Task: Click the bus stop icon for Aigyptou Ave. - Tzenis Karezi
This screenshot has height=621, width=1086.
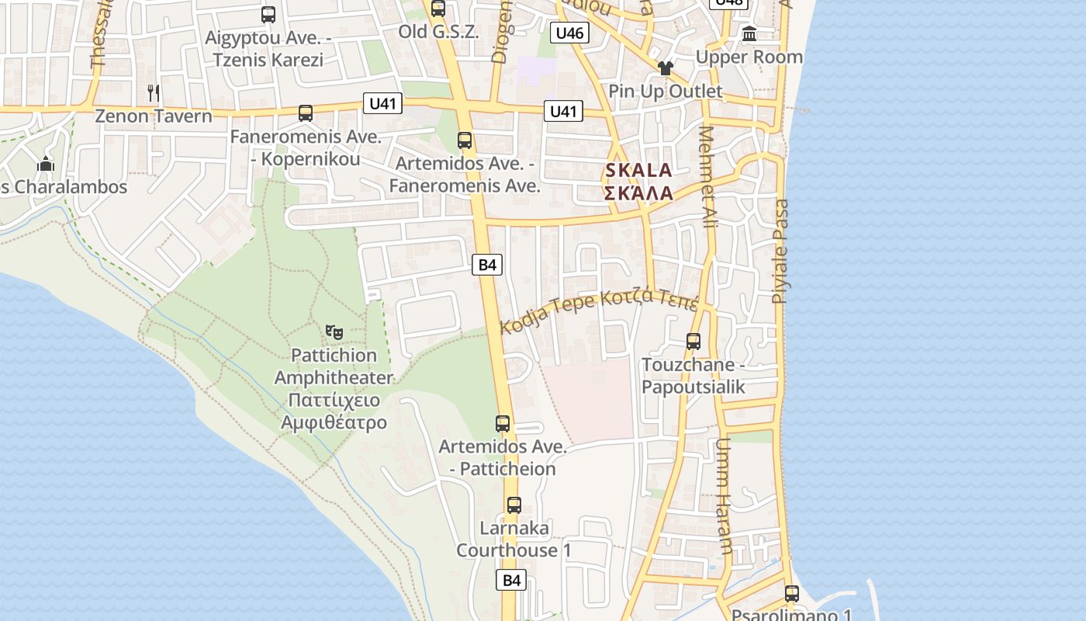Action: (268, 15)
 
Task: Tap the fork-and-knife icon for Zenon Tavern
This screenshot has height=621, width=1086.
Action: (154, 93)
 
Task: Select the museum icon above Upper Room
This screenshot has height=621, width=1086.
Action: (749, 34)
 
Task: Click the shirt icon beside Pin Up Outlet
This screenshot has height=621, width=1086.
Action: (665, 68)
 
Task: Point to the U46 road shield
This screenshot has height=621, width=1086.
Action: (569, 33)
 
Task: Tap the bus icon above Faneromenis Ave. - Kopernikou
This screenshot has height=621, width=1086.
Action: (306, 113)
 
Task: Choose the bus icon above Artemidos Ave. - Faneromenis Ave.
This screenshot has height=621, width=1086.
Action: (465, 141)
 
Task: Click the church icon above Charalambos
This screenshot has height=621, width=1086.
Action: (46, 164)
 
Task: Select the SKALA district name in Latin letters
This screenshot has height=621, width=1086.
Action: (638, 170)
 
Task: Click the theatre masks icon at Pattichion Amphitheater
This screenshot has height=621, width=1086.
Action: (334, 332)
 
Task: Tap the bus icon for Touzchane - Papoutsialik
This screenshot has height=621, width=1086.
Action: (693, 341)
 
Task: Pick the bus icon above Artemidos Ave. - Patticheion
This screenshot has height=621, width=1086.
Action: (503, 424)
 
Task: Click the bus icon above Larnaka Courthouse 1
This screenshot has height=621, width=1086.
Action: (514, 505)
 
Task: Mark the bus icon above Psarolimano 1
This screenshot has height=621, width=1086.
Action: (791, 594)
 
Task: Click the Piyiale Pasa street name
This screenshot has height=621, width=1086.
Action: (780, 251)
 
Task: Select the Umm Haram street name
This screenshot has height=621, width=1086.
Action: (724, 497)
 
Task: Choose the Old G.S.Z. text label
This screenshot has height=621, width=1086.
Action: (438, 32)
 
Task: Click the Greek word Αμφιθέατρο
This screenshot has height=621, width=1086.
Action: (334, 423)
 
